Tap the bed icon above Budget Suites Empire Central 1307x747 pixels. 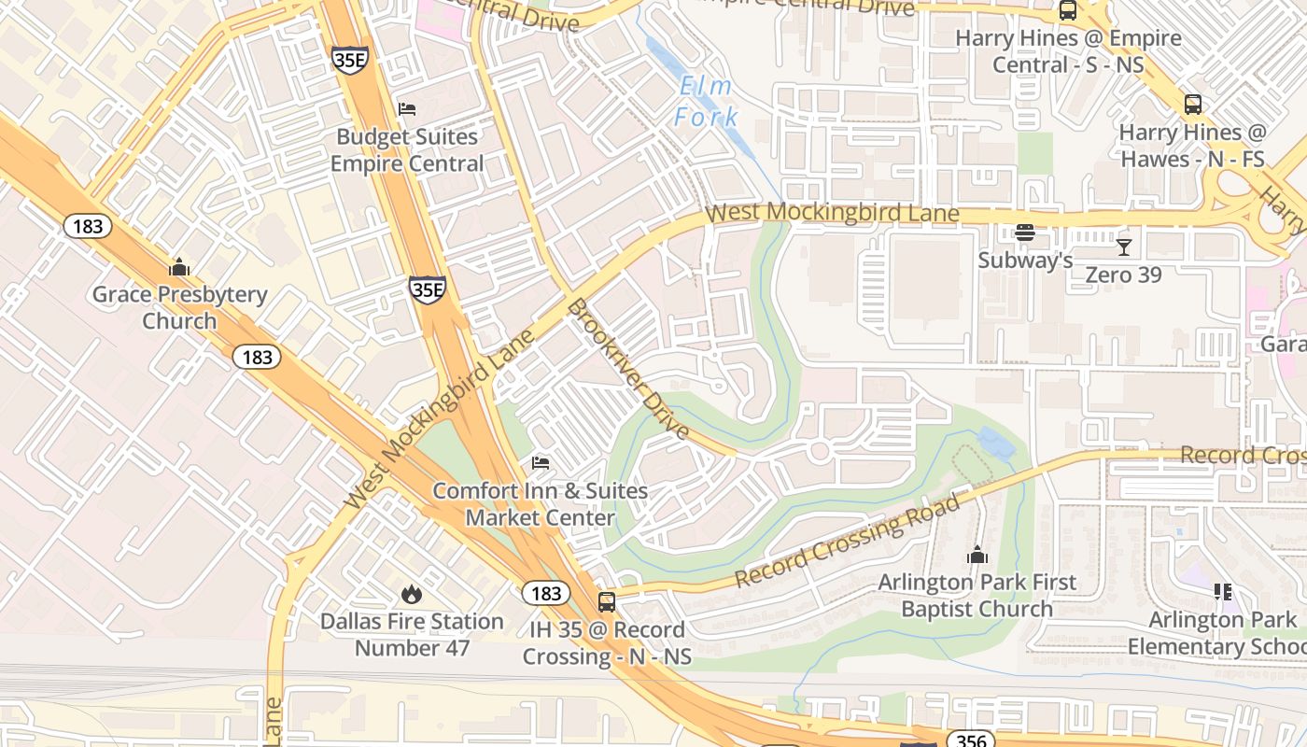click(x=406, y=109)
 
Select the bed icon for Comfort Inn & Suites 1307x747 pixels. click(x=540, y=463)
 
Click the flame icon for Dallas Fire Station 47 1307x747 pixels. click(x=411, y=594)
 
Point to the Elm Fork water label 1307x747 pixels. click(x=707, y=102)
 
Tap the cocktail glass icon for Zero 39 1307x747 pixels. click(x=1123, y=247)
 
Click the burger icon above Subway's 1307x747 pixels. click(x=1025, y=233)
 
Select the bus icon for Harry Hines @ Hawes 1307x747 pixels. click(x=1192, y=105)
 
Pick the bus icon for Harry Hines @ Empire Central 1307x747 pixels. click(x=1067, y=11)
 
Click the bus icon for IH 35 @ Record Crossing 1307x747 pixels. click(x=607, y=602)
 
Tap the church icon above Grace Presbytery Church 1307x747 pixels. click(x=179, y=268)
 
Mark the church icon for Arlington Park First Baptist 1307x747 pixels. click(x=977, y=556)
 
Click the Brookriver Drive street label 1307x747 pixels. click(x=628, y=370)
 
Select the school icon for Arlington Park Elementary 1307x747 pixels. click(x=1222, y=592)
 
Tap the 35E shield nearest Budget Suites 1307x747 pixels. click(x=349, y=60)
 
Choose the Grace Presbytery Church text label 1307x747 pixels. click(x=179, y=307)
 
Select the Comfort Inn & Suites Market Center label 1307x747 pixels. click(x=540, y=504)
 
